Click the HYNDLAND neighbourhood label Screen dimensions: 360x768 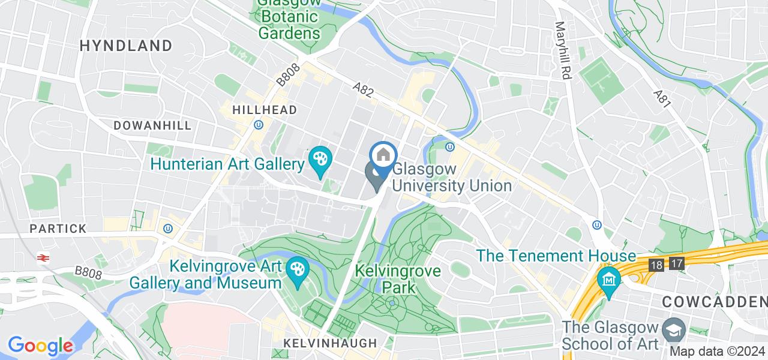[x=126, y=46]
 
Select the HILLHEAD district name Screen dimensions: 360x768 [x=265, y=110]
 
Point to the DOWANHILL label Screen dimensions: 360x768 [x=152, y=125]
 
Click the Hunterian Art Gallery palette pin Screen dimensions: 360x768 [x=320, y=161]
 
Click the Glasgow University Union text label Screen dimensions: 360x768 [x=452, y=178]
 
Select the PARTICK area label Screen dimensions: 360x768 [x=58, y=229]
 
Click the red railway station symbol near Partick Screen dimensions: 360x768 [x=43, y=258]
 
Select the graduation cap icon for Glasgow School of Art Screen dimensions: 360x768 [x=674, y=329]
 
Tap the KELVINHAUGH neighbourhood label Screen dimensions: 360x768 [x=330, y=343]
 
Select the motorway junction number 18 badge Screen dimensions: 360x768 [x=656, y=265]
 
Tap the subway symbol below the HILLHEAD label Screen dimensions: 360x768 [x=259, y=125]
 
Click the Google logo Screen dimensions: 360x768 [x=40, y=346]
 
